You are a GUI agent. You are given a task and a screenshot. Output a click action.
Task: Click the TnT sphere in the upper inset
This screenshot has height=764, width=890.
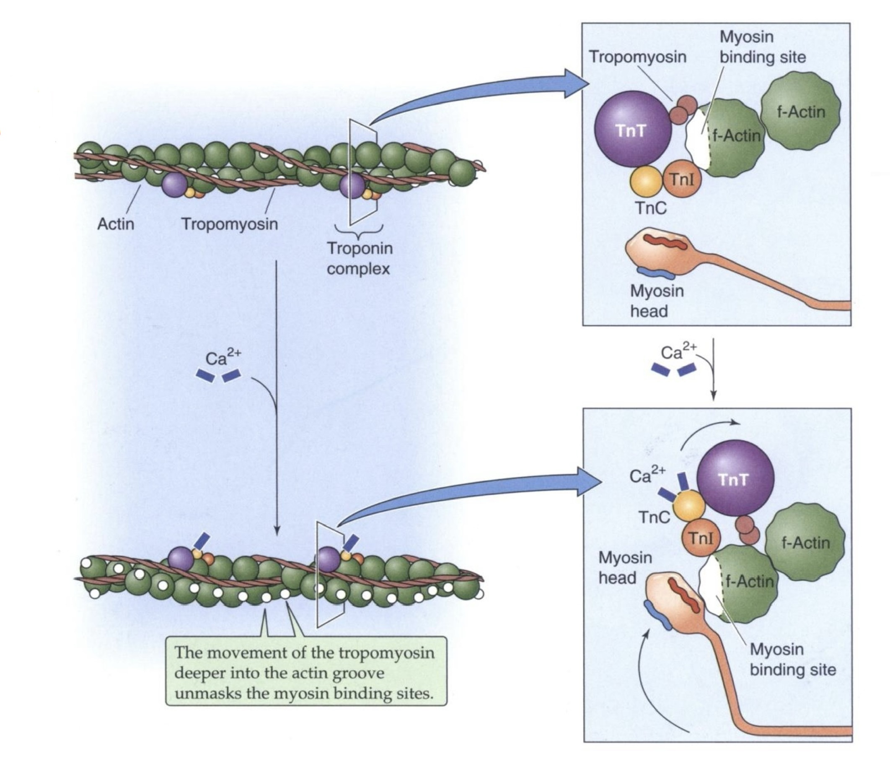(633, 131)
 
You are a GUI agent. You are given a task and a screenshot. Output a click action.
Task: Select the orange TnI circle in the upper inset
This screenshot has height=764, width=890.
(682, 179)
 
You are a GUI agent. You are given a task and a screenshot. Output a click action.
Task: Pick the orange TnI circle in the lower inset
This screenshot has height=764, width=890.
(700, 538)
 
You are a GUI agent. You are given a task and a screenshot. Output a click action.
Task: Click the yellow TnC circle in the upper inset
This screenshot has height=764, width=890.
(646, 182)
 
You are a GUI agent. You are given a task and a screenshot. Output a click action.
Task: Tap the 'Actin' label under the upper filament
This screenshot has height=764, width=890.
(116, 224)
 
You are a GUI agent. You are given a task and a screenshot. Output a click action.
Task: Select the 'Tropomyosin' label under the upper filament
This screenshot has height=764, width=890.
(229, 224)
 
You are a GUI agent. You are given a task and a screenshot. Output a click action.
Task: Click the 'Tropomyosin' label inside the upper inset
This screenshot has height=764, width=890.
(637, 57)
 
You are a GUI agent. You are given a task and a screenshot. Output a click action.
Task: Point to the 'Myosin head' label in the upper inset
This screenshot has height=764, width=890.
(656, 301)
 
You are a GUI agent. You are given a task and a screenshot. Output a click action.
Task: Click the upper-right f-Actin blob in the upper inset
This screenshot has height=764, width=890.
(801, 112)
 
